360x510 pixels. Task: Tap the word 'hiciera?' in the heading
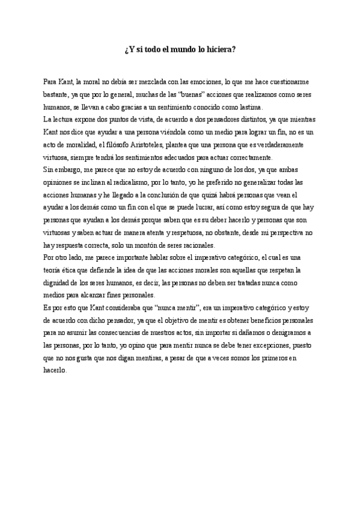point(221,51)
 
